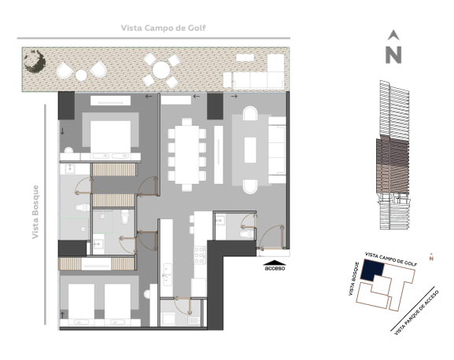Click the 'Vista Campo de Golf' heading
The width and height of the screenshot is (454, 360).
point(164,28)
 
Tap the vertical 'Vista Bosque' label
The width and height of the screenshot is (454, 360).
point(35,212)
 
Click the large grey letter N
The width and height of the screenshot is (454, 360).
point(393,55)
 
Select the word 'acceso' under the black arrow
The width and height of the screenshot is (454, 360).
point(275,268)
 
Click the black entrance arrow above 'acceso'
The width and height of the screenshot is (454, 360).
point(275,263)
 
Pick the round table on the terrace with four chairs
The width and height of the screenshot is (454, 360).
point(161,71)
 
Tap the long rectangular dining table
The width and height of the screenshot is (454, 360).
point(186,154)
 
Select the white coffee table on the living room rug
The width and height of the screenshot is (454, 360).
point(250,150)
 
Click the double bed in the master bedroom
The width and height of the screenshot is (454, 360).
point(110,137)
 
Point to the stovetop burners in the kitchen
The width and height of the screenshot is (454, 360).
point(200,255)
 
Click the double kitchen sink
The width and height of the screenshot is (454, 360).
point(168,274)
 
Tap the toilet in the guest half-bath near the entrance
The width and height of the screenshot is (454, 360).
point(246,234)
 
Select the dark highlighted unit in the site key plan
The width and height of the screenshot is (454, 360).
point(371,270)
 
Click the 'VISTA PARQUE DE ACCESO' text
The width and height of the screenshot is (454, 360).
point(417,313)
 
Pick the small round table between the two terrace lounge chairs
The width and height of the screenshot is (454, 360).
point(81,75)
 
